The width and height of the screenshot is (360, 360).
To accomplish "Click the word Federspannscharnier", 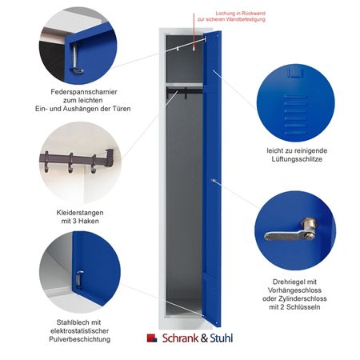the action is (84, 92).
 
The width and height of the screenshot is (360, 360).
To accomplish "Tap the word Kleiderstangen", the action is (80, 213).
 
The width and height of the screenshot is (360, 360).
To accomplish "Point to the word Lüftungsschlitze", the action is (297, 159).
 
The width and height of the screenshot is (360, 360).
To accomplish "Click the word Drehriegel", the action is (288, 282).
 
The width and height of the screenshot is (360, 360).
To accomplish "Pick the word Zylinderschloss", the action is (300, 298).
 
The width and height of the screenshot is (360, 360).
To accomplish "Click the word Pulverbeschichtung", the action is (79, 339).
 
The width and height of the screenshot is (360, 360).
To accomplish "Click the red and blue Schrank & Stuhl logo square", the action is (152, 338).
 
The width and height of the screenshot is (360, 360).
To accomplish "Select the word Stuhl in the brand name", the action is (222, 338).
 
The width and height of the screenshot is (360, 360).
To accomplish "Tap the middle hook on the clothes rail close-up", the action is (70, 162).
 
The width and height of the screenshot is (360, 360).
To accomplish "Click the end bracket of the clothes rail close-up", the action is (109, 158).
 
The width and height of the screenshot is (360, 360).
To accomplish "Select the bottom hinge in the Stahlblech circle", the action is (79, 279).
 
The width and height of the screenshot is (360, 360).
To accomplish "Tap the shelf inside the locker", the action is (184, 85).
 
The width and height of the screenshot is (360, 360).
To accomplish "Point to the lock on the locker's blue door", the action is (213, 181).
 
